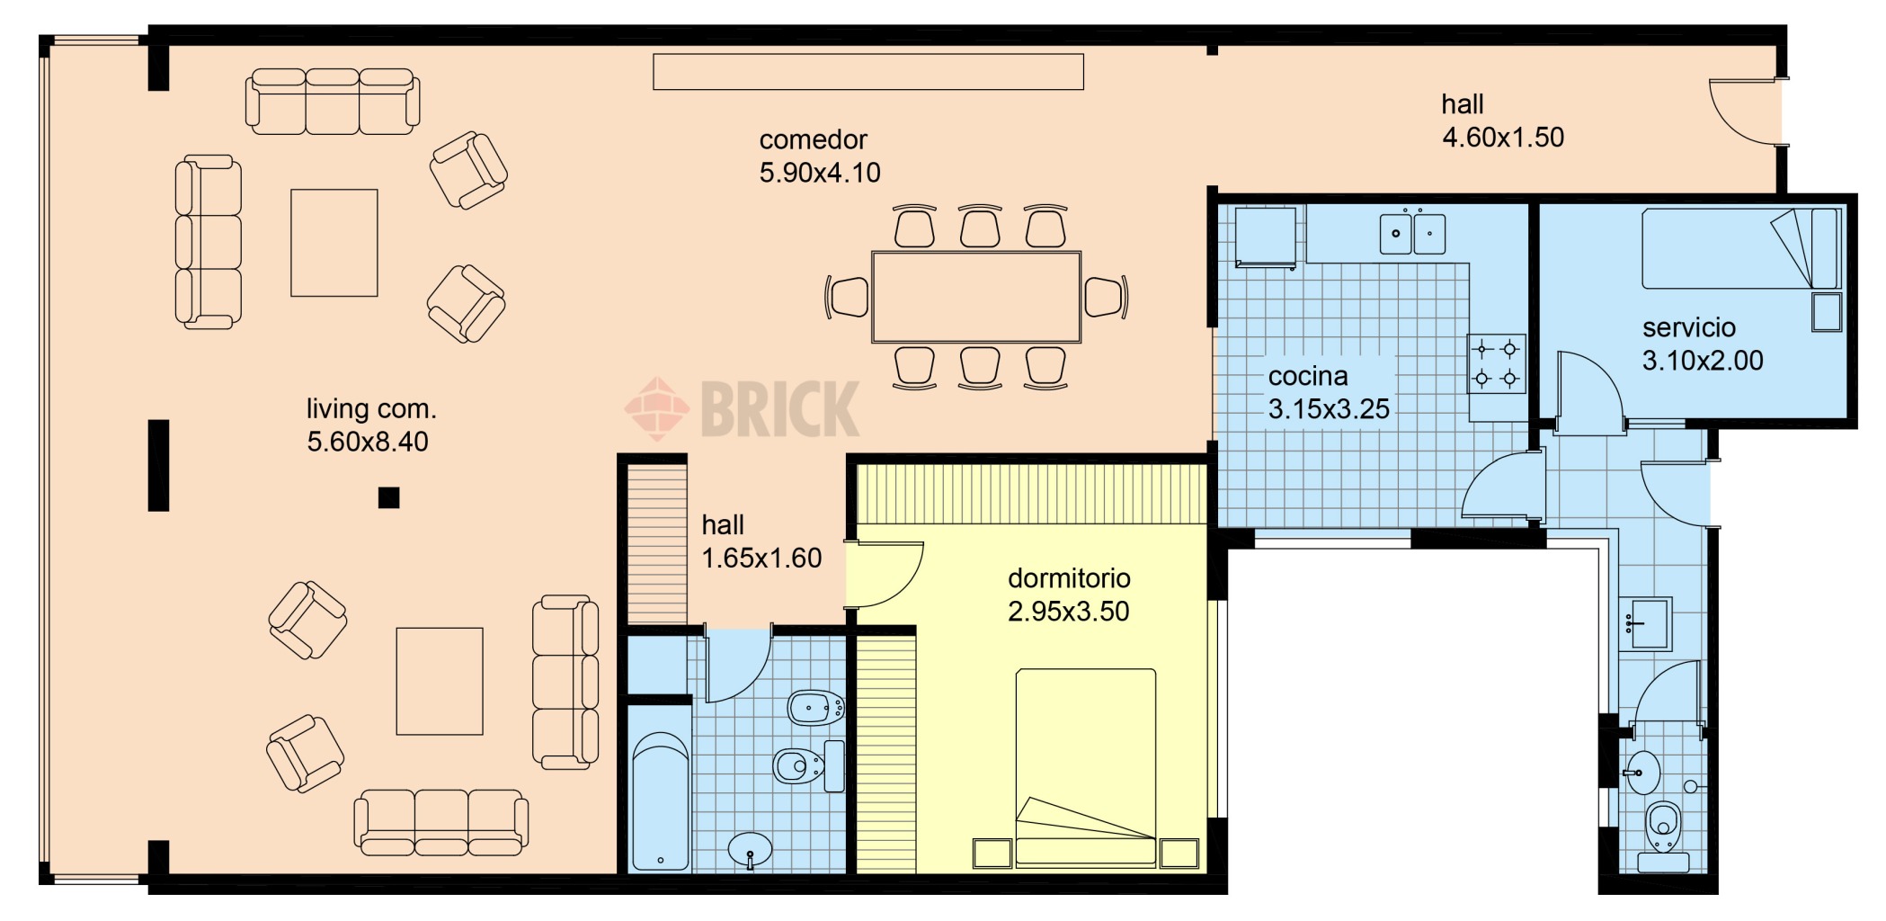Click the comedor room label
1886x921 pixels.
pyautogui.click(x=813, y=140)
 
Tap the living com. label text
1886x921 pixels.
pyautogui.click(x=371, y=409)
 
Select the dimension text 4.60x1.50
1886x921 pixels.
pyautogui.click(x=1503, y=138)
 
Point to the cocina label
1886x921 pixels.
pyautogui.click(x=1308, y=376)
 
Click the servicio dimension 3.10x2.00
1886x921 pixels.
pyautogui.click(x=1703, y=361)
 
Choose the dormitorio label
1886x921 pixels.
pyautogui.click(x=1069, y=578)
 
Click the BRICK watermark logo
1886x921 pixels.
pyautogui.click(x=743, y=408)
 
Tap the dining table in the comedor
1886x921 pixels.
pyautogui.click(x=976, y=297)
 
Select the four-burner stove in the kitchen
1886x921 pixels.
pyautogui.click(x=1497, y=362)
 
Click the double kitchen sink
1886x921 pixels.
pyautogui.click(x=1412, y=233)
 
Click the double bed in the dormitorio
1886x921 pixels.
pyautogui.click(x=1086, y=767)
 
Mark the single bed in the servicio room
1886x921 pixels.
pyautogui.click(x=1740, y=248)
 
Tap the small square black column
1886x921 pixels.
pyautogui.click(x=388, y=497)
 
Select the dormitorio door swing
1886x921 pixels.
pyautogui.click(x=885, y=575)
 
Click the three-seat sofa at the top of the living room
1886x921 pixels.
pyautogui.click(x=333, y=102)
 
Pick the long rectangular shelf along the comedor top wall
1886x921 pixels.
pyautogui.click(x=868, y=72)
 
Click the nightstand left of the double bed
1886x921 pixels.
pyautogui.click(x=992, y=854)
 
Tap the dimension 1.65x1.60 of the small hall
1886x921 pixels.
pyautogui.click(x=761, y=559)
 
